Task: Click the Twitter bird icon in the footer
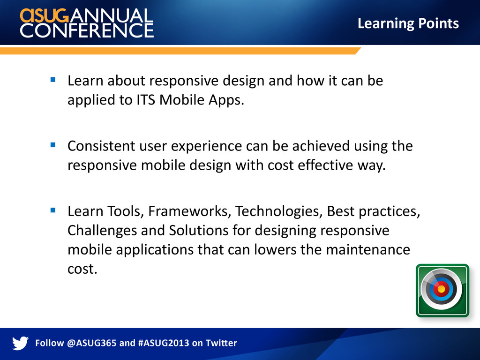(x=20, y=343)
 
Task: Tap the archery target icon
(x=442, y=290)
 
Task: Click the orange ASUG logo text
(x=45, y=15)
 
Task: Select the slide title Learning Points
(x=408, y=23)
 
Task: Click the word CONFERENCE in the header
(x=87, y=30)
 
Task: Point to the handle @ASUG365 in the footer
(x=91, y=343)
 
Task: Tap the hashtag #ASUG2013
(x=164, y=343)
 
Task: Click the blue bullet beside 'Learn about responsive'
(x=53, y=80)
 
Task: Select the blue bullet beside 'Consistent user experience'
(x=53, y=145)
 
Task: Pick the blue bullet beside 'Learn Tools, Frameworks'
(x=53, y=210)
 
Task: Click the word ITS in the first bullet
(x=146, y=99)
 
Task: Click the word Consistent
(x=101, y=146)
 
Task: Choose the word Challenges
(x=102, y=231)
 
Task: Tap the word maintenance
(x=367, y=250)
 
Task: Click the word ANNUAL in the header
(x=112, y=15)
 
